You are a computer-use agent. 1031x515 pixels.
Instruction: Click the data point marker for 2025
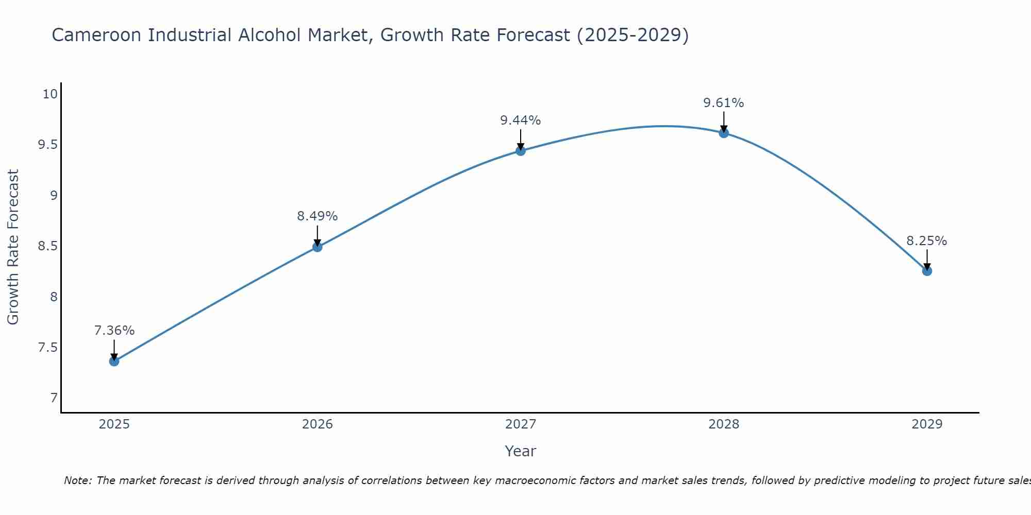[114, 361]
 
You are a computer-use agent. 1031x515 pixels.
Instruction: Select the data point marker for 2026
[318, 247]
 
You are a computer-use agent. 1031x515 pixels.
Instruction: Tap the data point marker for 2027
[521, 150]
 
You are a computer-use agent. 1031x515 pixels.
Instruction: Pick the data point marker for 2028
[724, 133]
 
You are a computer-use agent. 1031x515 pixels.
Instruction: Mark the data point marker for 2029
[927, 271]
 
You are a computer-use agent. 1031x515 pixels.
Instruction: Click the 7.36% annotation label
[114, 331]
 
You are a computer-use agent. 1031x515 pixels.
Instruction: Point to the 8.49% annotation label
[318, 216]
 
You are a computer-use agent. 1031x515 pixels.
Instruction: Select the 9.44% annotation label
[521, 121]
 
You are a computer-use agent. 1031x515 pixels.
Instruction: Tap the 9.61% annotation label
[724, 103]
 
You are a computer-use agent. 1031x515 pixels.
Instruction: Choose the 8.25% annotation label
[927, 241]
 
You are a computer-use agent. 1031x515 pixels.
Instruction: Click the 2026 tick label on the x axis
[318, 424]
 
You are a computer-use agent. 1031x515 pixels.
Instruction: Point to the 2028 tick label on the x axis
[724, 424]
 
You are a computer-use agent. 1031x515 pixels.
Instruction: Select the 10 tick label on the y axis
[50, 94]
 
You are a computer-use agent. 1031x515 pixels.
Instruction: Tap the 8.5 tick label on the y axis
[47, 246]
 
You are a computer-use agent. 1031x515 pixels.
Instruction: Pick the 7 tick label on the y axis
[54, 398]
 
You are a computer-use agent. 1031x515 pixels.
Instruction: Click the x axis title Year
[521, 451]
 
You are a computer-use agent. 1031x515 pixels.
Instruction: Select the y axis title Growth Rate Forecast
[13, 247]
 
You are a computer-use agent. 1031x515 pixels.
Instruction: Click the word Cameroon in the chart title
[96, 35]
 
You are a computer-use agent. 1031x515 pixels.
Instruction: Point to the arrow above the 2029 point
[927, 259]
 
